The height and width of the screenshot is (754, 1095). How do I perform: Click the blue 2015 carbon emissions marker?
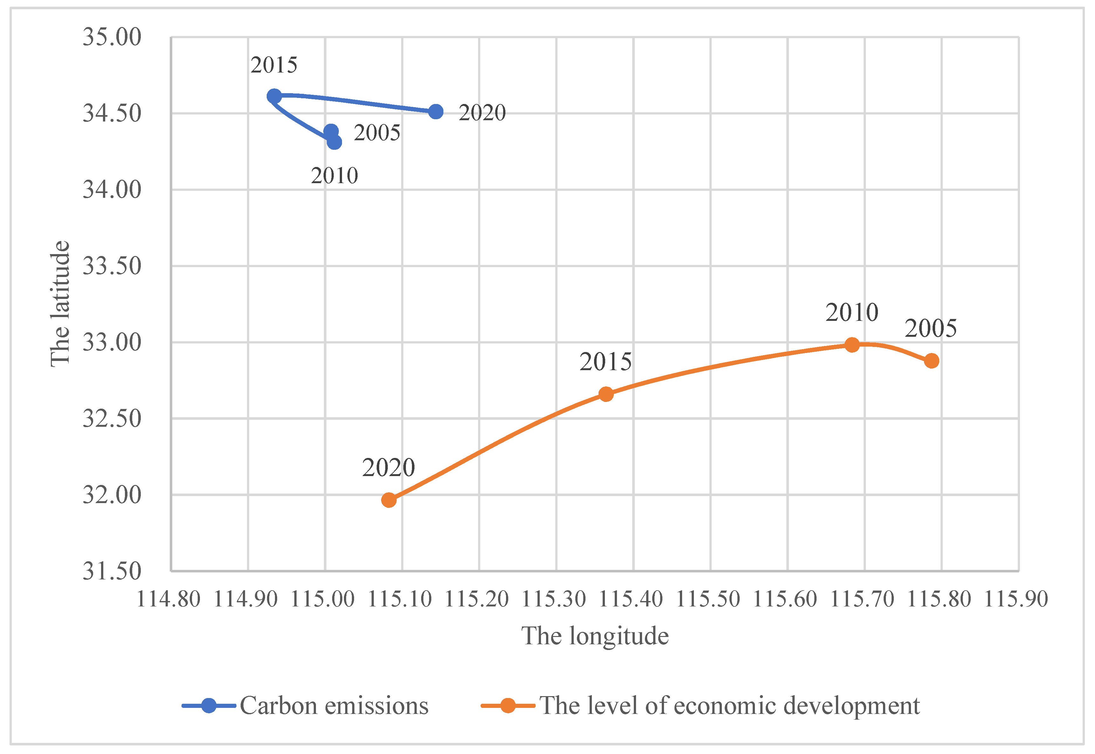pyautogui.click(x=274, y=96)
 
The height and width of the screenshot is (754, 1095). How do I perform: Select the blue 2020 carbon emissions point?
pyautogui.click(x=435, y=112)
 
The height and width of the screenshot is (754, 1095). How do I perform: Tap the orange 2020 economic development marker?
pyautogui.click(x=389, y=500)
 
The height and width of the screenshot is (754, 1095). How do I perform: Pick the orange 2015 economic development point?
pyautogui.click(x=606, y=394)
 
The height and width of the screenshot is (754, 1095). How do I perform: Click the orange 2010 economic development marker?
pyautogui.click(x=852, y=344)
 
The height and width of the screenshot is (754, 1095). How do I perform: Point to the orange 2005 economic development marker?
pyautogui.click(x=932, y=361)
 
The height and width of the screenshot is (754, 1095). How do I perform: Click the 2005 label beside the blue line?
pyautogui.click(x=377, y=133)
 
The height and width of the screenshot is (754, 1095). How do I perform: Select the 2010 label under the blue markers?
pyautogui.click(x=334, y=176)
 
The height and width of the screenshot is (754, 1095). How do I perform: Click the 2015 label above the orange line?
pyautogui.click(x=605, y=362)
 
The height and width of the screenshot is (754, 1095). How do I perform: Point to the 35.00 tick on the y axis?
pyautogui.click(x=112, y=37)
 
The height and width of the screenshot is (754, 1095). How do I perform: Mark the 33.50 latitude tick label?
pyautogui.click(x=112, y=266)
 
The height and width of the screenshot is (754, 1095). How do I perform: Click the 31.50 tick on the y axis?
pyautogui.click(x=112, y=571)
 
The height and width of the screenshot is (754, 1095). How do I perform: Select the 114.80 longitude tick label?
pyautogui.click(x=168, y=599)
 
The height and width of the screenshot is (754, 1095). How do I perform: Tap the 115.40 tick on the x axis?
pyautogui.click(x=631, y=599)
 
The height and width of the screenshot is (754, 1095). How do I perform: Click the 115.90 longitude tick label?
pyautogui.click(x=1016, y=599)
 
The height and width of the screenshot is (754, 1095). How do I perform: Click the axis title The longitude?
pyautogui.click(x=595, y=636)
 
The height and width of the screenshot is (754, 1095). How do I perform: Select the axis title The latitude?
pyautogui.click(x=60, y=304)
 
